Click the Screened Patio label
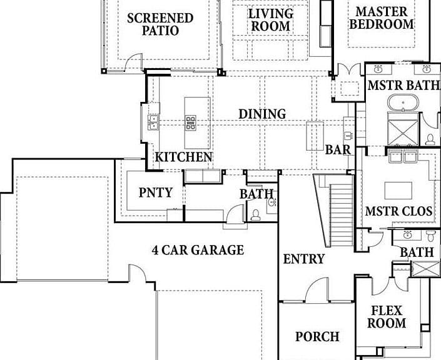coord(160,24)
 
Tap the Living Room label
coord(271,20)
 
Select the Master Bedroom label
coord(382,18)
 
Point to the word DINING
coord(262,114)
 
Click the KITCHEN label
coord(184,157)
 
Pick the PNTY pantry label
coord(156,192)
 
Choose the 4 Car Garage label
coord(198,250)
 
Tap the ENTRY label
coord(304,259)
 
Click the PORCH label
coord(317,337)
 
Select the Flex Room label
coord(387,317)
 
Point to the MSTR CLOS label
coord(398,211)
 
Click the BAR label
coord(338,150)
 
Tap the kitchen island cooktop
coord(191,122)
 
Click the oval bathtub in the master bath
coord(403,103)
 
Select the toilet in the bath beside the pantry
coord(255,215)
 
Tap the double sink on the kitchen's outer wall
coord(153,122)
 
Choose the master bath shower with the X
coord(403,132)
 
